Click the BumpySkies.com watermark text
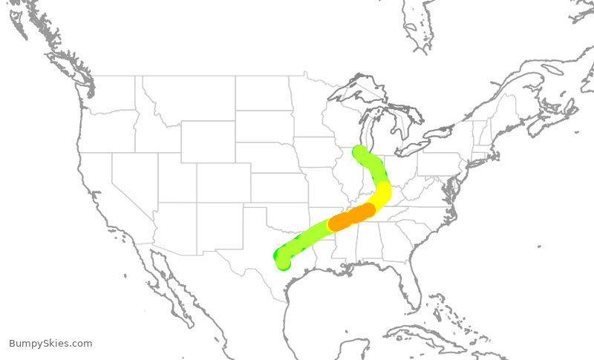[x=50, y=344]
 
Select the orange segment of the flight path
[x=352, y=217]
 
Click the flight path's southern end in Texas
[x=282, y=261]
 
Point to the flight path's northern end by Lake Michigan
[x=360, y=153]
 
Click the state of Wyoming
[x=208, y=141]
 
